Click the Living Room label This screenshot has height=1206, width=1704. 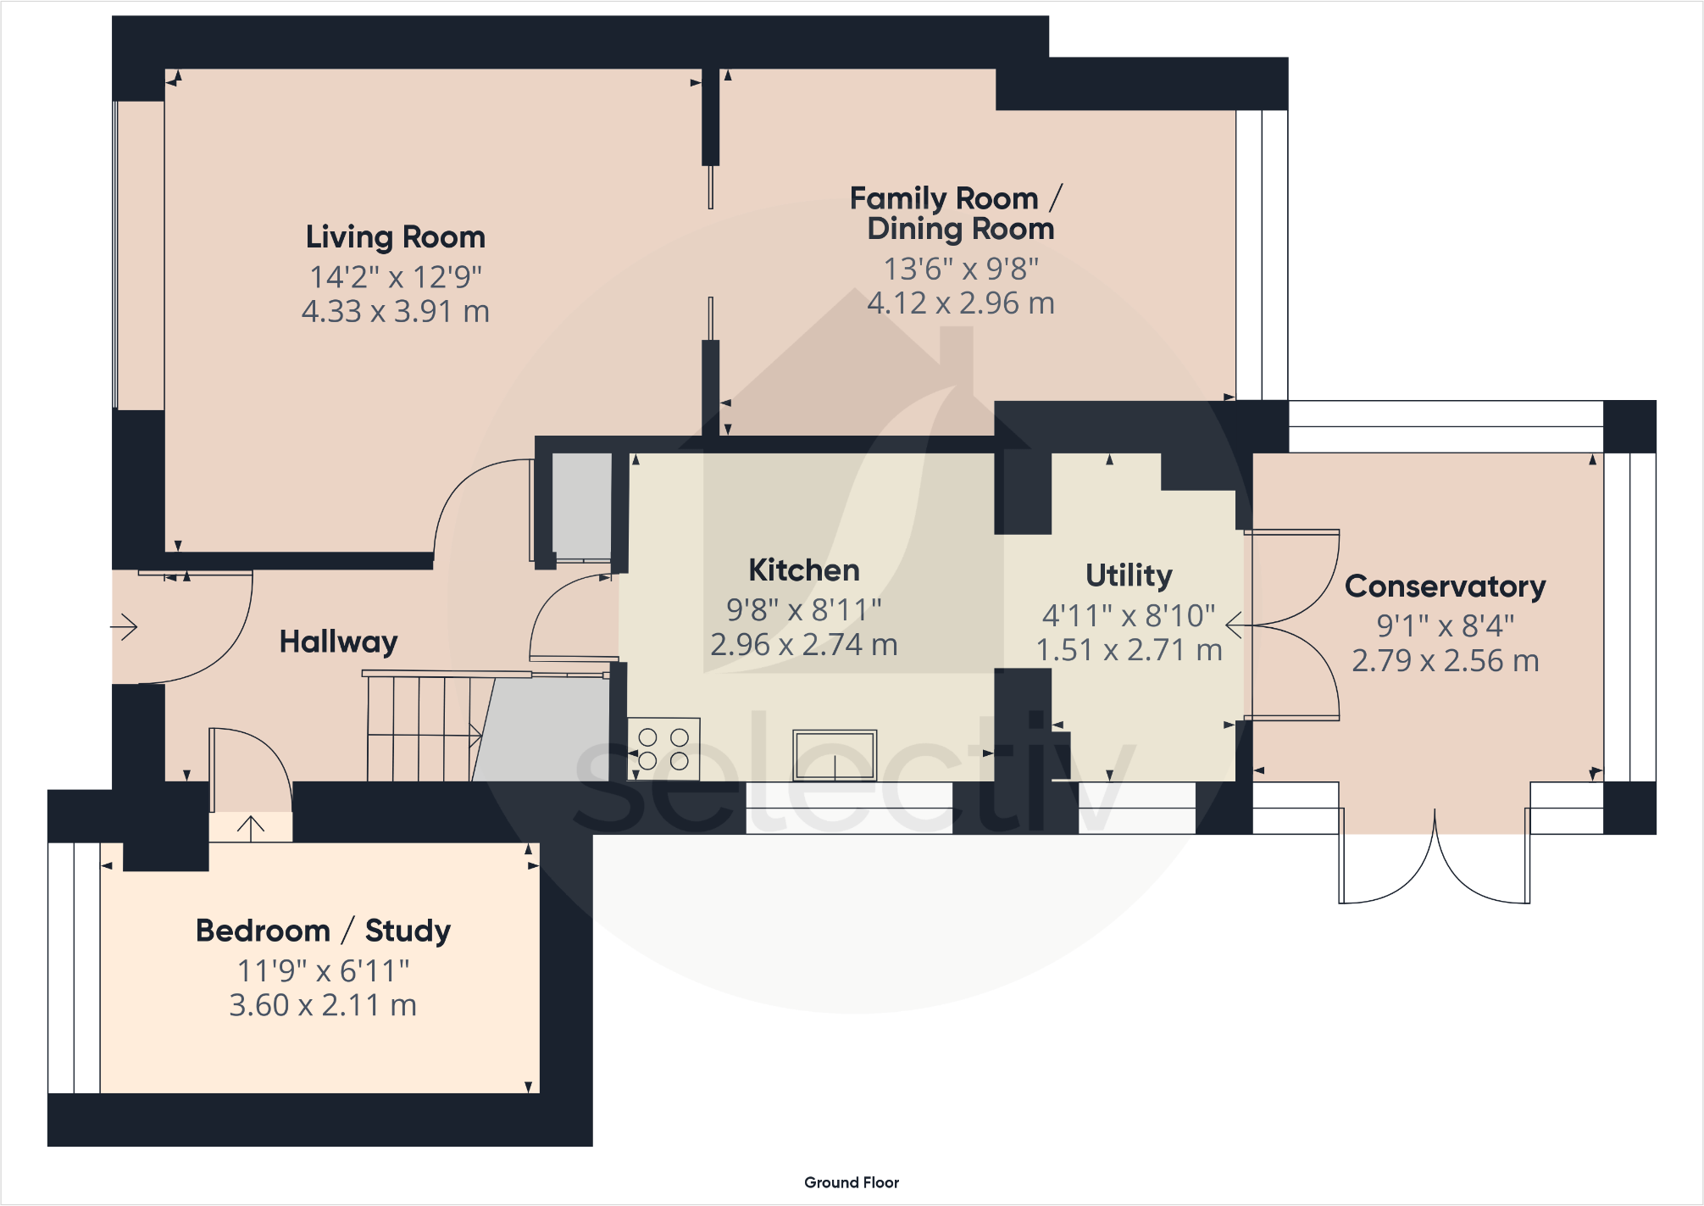tap(396, 237)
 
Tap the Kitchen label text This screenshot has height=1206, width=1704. tap(804, 570)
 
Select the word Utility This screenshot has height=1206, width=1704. tap(1129, 576)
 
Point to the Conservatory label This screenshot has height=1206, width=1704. tap(1446, 586)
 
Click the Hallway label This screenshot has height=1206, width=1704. tap(339, 642)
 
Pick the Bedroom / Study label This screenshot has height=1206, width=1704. tap(323, 931)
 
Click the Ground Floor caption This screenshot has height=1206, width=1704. tap(852, 1182)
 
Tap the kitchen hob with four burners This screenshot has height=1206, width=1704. tap(663, 749)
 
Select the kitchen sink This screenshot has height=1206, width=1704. tap(835, 755)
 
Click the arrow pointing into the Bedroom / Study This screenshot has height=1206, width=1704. tap(250, 828)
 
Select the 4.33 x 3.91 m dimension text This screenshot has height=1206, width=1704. tap(396, 312)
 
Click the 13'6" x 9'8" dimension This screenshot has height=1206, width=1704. tap(961, 270)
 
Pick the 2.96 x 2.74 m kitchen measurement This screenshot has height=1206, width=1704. tap(804, 645)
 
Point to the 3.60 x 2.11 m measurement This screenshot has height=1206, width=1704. tap(323, 1005)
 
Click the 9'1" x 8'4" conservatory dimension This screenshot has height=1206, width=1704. tap(1446, 626)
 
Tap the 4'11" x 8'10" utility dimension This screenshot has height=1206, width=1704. tap(1129, 616)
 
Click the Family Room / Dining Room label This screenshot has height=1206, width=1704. tap(957, 214)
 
